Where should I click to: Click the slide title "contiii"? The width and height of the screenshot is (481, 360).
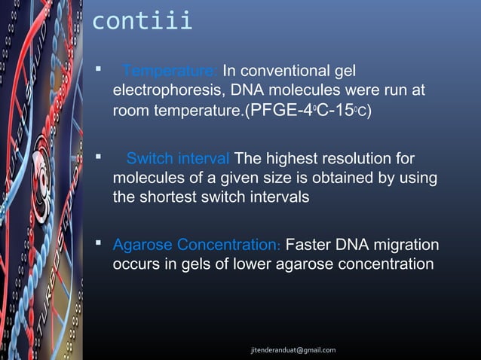tap(142, 21)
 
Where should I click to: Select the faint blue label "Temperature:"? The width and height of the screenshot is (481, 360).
tap(170, 72)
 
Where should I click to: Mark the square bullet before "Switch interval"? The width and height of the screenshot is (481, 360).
tap(98, 158)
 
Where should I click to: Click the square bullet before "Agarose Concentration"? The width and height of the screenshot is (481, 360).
tap(98, 245)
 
